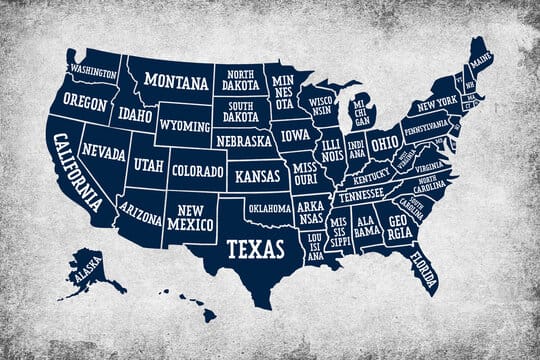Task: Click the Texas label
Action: [254, 246]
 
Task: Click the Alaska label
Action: [87, 268]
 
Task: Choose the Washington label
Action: [93, 71]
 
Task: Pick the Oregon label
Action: [84, 101]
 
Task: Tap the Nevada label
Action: [103, 153]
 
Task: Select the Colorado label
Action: [197, 170]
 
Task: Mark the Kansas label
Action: [258, 177]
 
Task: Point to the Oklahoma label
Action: [269, 209]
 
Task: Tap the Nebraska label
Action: [245, 141]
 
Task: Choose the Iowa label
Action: [296, 135]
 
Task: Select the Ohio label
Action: [385, 143]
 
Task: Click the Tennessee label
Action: [360, 196]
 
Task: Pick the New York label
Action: [437, 104]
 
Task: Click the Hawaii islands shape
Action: [190, 305]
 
